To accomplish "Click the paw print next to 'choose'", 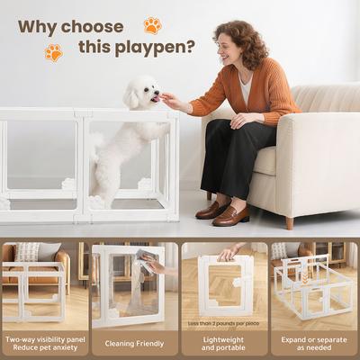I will click(x=152, y=25).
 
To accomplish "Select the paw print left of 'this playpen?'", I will click(x=54, y=52).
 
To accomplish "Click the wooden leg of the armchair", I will click(x=289, y=221).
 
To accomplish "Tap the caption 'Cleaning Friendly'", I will click(x=135, y=342).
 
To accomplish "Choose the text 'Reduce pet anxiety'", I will click(x=45, y=348).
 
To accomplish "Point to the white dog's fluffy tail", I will click(x=95, y=144).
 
